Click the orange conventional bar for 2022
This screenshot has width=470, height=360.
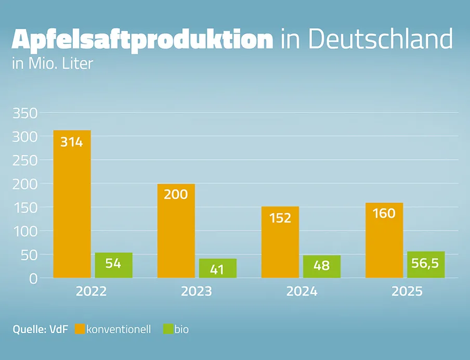(x=72, y=208)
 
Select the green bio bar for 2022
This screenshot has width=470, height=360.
(x=113, y=265)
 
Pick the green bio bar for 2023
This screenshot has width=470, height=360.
(x=217, y=268)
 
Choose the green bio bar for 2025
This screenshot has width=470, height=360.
(x=426, y=265)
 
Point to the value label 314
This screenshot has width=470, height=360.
(x=72, y=142)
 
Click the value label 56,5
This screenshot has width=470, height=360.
(x=426, y=264)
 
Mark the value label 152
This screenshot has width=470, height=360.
(x=280, y=217)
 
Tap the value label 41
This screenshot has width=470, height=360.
(x=217, y=270)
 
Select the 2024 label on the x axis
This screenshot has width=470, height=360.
(x=302, y=291)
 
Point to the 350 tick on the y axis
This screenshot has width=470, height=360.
(x=24, y=113)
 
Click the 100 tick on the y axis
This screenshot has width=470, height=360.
(x=24, y=231)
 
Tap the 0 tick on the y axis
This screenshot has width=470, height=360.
(x=33, y=278)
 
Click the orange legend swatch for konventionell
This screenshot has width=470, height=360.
(x=80, y=329)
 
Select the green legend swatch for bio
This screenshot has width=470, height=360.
(x=167, y=329)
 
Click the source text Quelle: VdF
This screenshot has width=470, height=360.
(x=41, y=329)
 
